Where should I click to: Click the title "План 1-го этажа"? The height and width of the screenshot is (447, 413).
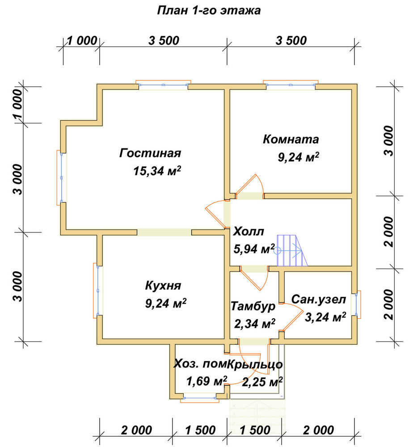point(209,10)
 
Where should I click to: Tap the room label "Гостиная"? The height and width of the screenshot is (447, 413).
point(150,153)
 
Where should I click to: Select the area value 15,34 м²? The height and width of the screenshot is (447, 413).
point(157,170)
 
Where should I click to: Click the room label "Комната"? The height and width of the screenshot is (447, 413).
point(291,139)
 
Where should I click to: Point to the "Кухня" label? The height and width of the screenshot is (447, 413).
point(163,285)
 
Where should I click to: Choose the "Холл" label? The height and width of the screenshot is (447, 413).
point(249,232)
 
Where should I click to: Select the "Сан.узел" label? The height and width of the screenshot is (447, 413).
point(319,299)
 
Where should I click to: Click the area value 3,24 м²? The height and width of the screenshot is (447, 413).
point(325,317)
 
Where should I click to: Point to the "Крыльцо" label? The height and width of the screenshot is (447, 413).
point(255,364)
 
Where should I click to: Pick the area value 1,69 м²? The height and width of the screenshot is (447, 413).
point(206,381)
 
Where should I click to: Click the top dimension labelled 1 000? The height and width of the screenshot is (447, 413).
point(82,41)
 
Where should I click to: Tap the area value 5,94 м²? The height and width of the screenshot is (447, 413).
point(254,249)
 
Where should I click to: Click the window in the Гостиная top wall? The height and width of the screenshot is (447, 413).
point(163,84)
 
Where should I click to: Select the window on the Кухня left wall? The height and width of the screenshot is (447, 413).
point(97,290)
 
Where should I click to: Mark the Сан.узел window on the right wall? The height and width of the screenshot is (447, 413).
point(357,304)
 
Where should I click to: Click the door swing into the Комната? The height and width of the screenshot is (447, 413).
point(249,184)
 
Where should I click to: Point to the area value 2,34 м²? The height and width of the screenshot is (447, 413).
point(255,324)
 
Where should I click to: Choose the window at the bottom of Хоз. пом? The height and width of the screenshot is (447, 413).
point(199,398)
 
